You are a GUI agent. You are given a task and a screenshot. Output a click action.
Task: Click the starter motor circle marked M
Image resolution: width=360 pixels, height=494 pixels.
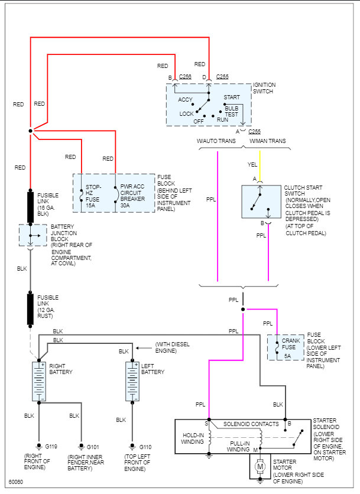coord(260,466)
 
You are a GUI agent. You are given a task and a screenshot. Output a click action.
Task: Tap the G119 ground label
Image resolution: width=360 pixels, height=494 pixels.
coord(51,446)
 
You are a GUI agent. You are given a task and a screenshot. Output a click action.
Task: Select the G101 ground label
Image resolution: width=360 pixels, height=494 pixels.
coord(93,447)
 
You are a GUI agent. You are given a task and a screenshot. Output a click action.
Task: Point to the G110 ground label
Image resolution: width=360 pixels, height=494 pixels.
coord(145,447)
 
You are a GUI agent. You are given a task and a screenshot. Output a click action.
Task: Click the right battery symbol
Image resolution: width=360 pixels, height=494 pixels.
coord(39,381)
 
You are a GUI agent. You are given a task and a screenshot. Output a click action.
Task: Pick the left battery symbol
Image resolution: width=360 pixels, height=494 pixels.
coord(132,381)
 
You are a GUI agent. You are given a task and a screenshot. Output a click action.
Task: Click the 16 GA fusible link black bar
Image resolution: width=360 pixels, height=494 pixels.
coord(30,206)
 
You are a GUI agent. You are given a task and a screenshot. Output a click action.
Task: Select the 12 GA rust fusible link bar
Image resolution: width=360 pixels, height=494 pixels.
coord(30,310)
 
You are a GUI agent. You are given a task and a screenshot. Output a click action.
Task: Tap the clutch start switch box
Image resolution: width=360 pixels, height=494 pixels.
coord(261,201)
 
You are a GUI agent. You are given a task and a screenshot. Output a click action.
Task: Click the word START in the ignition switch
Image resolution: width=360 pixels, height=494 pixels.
coord(232,97)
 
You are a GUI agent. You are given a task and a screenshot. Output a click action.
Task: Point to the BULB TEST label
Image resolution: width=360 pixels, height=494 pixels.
coord(231,112)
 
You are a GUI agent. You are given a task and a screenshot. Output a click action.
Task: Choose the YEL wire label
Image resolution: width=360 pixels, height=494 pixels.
coord(252,164)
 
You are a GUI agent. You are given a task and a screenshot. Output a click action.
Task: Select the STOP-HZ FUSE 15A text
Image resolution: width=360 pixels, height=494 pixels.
coord(93,196)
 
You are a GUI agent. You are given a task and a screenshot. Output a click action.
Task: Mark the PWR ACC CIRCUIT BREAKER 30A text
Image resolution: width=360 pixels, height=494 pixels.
coord(132,196)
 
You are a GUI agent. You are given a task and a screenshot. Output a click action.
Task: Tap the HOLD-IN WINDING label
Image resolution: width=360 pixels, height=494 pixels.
coord(193,438)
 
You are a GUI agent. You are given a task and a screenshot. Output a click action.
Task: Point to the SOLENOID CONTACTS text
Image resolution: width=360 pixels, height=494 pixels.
coord(251,424)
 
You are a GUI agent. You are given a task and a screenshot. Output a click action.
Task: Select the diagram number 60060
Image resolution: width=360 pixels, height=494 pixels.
coord(16,482)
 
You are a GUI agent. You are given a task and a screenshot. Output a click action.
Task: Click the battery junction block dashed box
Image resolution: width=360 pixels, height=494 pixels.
coord(33,235)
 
